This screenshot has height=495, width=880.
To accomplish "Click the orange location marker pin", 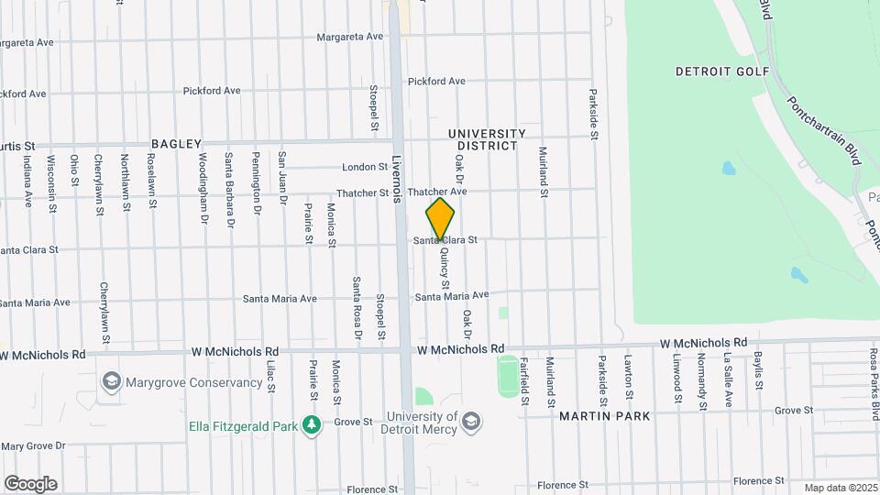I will [440, 219].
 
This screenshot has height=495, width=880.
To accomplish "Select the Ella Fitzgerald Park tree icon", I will [313, 424].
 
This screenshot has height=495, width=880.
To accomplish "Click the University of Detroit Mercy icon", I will [472, 422].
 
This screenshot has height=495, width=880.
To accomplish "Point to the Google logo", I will [30, 484].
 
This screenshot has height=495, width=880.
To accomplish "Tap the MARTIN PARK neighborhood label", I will [605, 416].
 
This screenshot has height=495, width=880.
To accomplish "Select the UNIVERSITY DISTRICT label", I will [487, 139].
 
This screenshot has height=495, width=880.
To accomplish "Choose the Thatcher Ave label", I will [438, 192].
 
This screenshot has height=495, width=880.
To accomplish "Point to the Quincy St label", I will [445, 270].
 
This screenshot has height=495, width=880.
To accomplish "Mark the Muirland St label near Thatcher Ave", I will [543, 172].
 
